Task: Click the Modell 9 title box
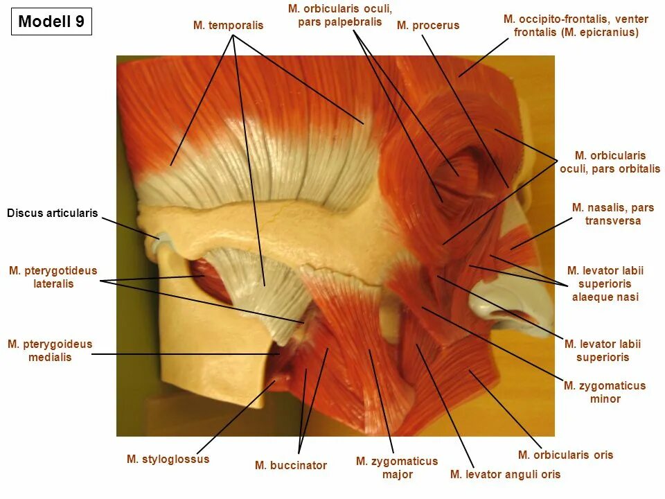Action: click(x=51, y=21)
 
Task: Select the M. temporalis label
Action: click(x=228, y=26)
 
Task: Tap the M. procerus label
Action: click(x=427, y=26)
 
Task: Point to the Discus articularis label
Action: click(x=53, y=213)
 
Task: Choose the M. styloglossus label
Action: click(x=168, y=459)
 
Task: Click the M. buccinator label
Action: click(x=290, y=465)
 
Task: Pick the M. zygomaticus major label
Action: click(x=397, y=468)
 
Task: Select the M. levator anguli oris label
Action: click(x=505, y=474)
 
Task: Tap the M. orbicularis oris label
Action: click(x=565, y=455)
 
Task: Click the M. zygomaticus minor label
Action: click(x=605, y=392)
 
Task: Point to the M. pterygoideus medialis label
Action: click(x=50, y=351)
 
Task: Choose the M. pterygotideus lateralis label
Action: click(x=53, y=277)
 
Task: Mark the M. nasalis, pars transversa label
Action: click(x=612, y=214)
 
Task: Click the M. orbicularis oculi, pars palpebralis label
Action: click(x=339, y=15)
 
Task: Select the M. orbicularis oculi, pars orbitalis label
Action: click(x=610, y=162)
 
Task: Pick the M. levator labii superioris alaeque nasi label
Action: click(x=605, y=283)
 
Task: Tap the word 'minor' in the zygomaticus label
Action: click(x=605, y=399)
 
